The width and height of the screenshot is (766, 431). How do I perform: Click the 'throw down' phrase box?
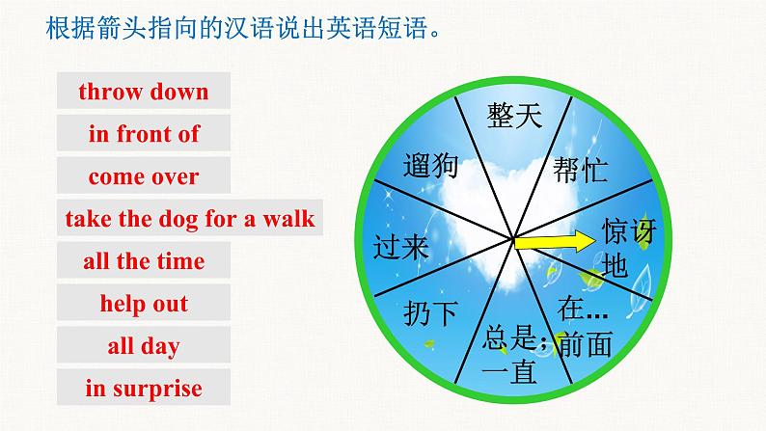[144, 93]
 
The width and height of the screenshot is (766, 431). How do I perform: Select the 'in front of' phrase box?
[144, 135]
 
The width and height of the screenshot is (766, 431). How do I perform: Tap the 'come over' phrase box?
[144, 177]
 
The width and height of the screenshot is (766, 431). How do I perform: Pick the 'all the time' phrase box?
[144, 261]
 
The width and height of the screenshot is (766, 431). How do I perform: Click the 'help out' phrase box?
[144, 304]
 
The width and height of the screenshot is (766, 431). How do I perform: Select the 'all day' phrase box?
[144, 346]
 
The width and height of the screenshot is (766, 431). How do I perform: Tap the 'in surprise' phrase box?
[144, 389]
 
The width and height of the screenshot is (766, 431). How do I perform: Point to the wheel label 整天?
[513, 118]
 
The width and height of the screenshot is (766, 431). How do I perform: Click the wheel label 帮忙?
[580, 170]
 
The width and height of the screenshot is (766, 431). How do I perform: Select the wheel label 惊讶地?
[627, 248]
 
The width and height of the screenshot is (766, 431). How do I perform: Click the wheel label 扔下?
[430, 312]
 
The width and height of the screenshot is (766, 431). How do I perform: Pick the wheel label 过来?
[399, 248]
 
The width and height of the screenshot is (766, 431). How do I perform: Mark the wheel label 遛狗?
[431, 166]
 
